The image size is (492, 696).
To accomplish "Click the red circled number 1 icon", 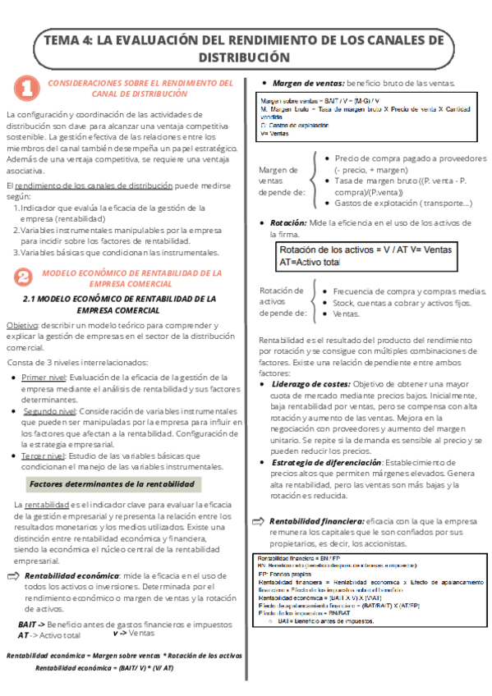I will pyautogui.click(x=26, y=87).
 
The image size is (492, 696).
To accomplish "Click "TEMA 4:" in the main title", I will pyautogui.click(x=67, y=40).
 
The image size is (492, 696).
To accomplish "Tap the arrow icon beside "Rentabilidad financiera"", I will pyautogui.click(x=257, y=520).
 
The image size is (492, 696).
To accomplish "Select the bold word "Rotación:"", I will pyautogui.click(x=288, y=222).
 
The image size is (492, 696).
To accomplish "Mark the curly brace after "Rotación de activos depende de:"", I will pyautogui.click(x=315, y=301).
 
